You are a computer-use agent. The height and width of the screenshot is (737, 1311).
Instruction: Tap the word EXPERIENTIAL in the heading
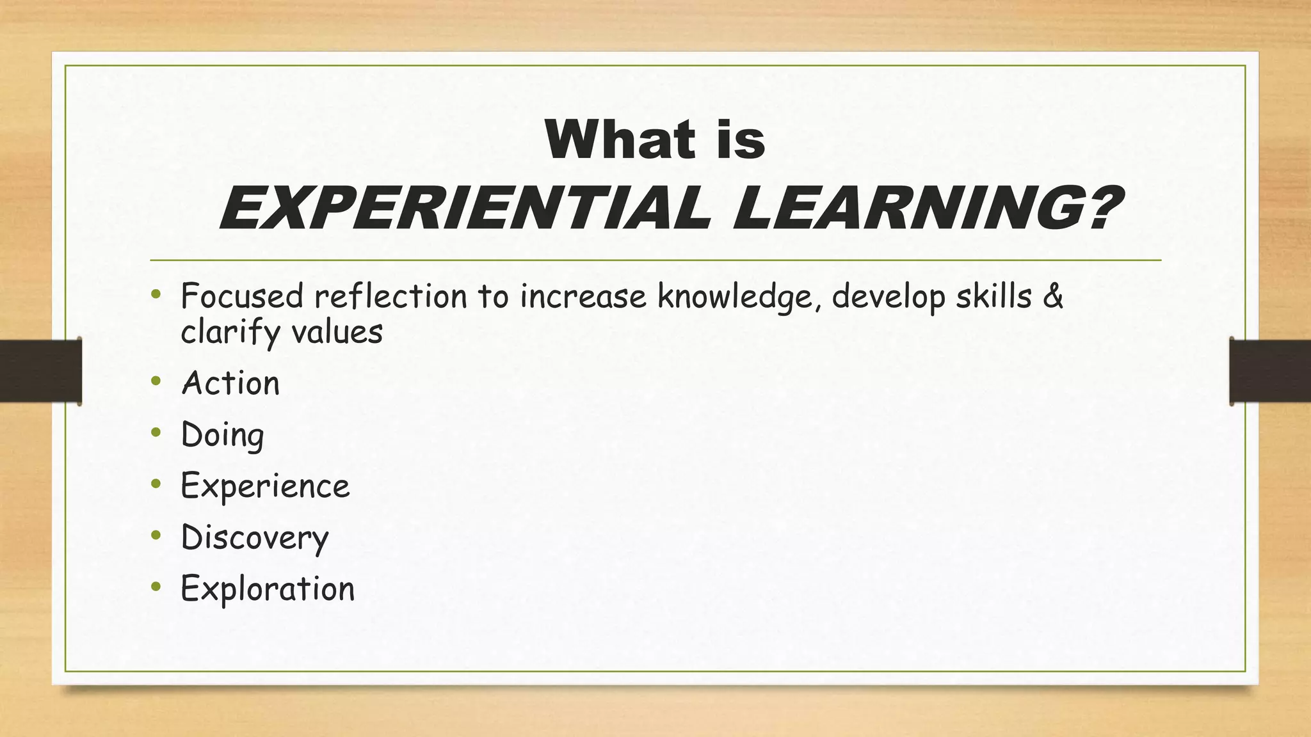coord(465,209)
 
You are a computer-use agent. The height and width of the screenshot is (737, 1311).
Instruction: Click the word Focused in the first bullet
coord(242,296)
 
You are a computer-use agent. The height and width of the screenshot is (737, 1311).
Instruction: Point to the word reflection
coord(390,296)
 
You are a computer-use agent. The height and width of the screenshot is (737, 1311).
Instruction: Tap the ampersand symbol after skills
coord(1053,296)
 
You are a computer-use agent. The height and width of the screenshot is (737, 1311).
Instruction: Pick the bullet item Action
coord(230,383)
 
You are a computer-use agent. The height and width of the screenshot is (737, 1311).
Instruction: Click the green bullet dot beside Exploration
coord(156,586)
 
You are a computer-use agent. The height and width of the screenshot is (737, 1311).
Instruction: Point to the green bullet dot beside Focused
coord(156,294)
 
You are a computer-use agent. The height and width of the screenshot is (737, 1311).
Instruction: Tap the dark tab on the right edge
coord(1270,371)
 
